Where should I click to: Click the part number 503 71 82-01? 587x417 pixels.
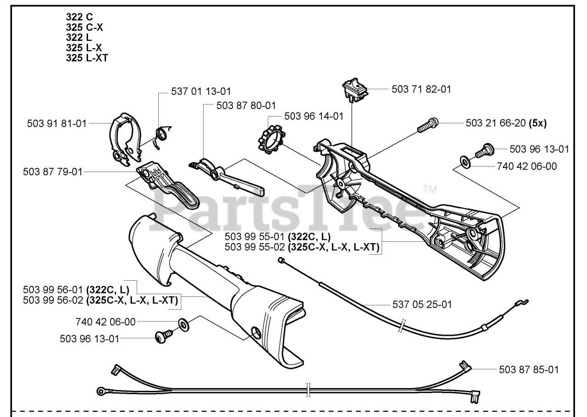(421, 89)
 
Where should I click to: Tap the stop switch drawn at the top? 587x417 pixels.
(354, 89)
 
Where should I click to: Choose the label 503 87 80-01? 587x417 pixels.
(246, 106)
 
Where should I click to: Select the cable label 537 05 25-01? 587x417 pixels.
(422, 304)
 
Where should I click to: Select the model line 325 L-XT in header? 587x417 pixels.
(87, 58)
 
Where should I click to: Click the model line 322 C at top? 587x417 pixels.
(79, 17)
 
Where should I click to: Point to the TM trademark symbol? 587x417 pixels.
(430, 189)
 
